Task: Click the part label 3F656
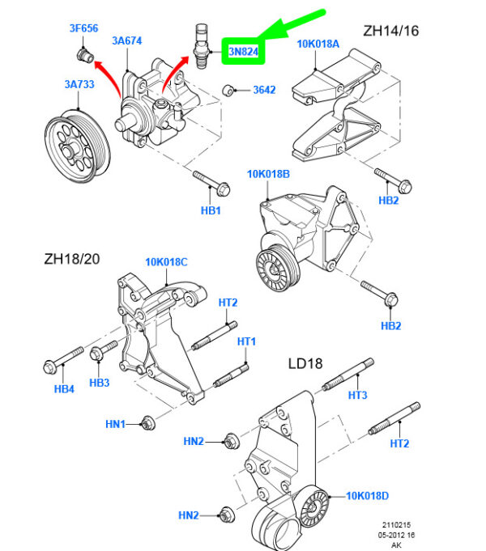click(x=83, y=28)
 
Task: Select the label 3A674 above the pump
click(x=127, y=40)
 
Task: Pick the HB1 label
click(x=211, y=210)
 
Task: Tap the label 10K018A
click(x=319, y=44)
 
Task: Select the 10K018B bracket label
click(x=268, y=173)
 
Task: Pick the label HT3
click(x=358, y=394)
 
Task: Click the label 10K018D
click(x=369, y=495)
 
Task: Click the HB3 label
click(x=100, y=382)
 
